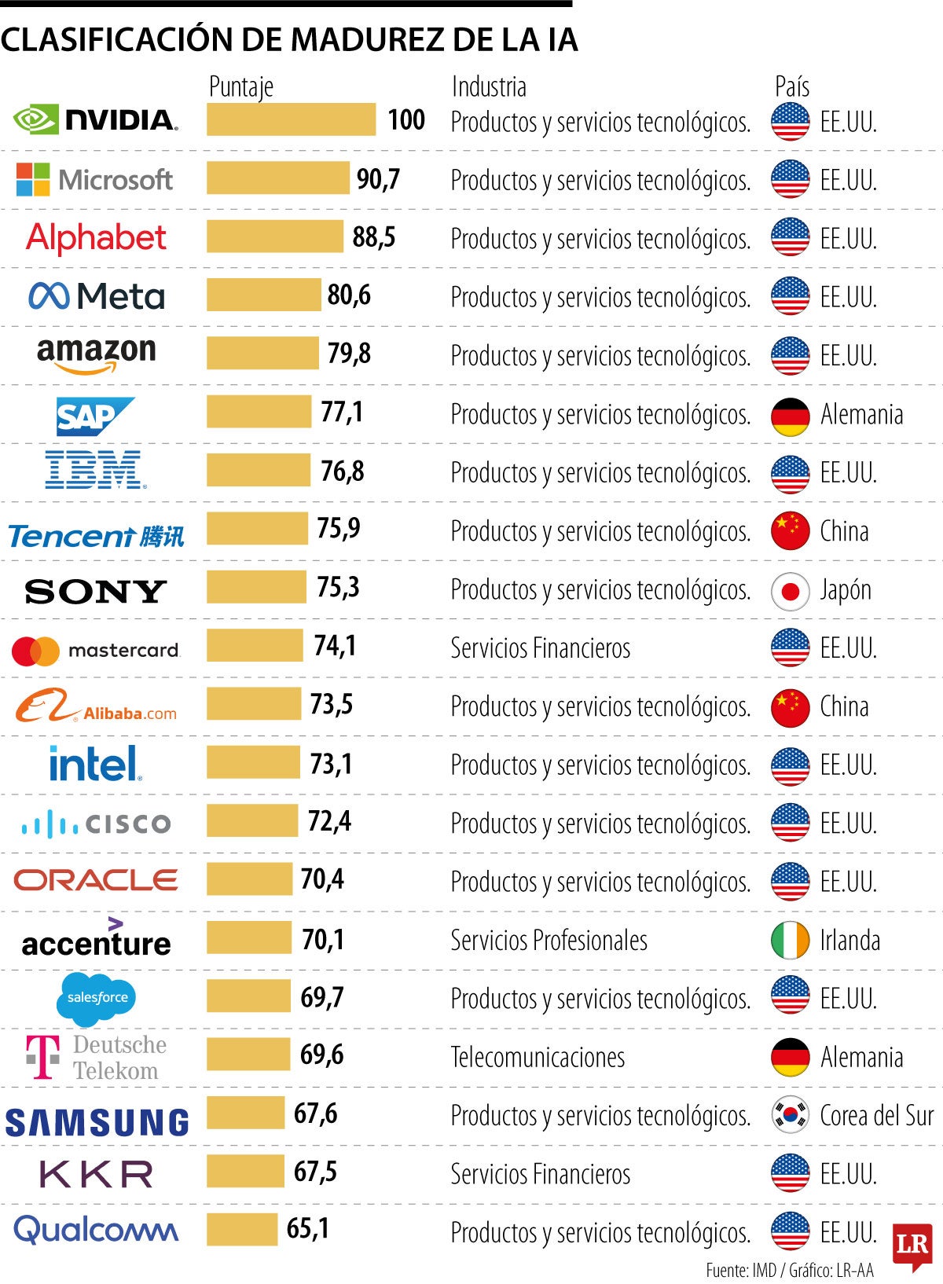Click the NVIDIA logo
coord(96,119)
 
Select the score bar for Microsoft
coord(277,178)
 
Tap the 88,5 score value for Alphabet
coord(374,237)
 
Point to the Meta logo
coord(97,296)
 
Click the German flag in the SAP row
coord(790,416)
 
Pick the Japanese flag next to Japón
coord(790,591)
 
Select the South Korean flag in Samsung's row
coord(790,1115)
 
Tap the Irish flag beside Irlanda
coord(790,941)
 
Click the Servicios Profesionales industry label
coord(549,941)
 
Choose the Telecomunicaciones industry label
coord(538,1058)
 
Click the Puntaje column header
coord(241,86)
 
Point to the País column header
coord(791,86)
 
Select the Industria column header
coord(489,86)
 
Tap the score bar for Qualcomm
coord(242,1230)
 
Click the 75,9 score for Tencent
coord(339,528)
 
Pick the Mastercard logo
coord(96,651)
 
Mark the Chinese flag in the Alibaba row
coord(790,707)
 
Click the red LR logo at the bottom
coord(912,1245)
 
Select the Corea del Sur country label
coord(876,1116)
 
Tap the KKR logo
coord(96,1175)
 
